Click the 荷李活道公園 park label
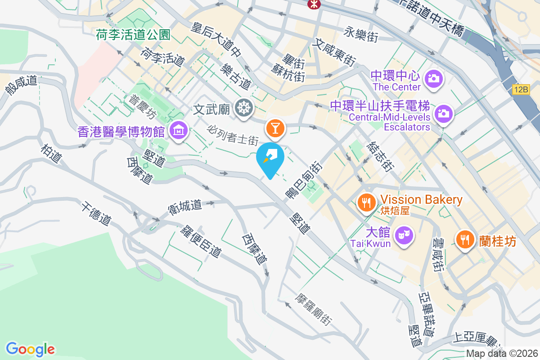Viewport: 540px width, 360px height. [x=133, y=34]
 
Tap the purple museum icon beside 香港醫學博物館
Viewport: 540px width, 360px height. [x=179, y=130]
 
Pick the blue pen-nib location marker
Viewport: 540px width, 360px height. [x=270, y=157]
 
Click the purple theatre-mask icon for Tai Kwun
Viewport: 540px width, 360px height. [x=404, y=234]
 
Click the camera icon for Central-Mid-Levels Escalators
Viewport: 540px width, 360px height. [x=443, y=113]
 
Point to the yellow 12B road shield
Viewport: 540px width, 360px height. [x=521, y=90]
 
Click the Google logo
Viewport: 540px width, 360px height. [x=30, y=349]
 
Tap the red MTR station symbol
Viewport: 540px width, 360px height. [x=311, y=4]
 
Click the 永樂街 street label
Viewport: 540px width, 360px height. [x=360, y=34]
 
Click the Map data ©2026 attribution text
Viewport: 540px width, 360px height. [x=501, y=354]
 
